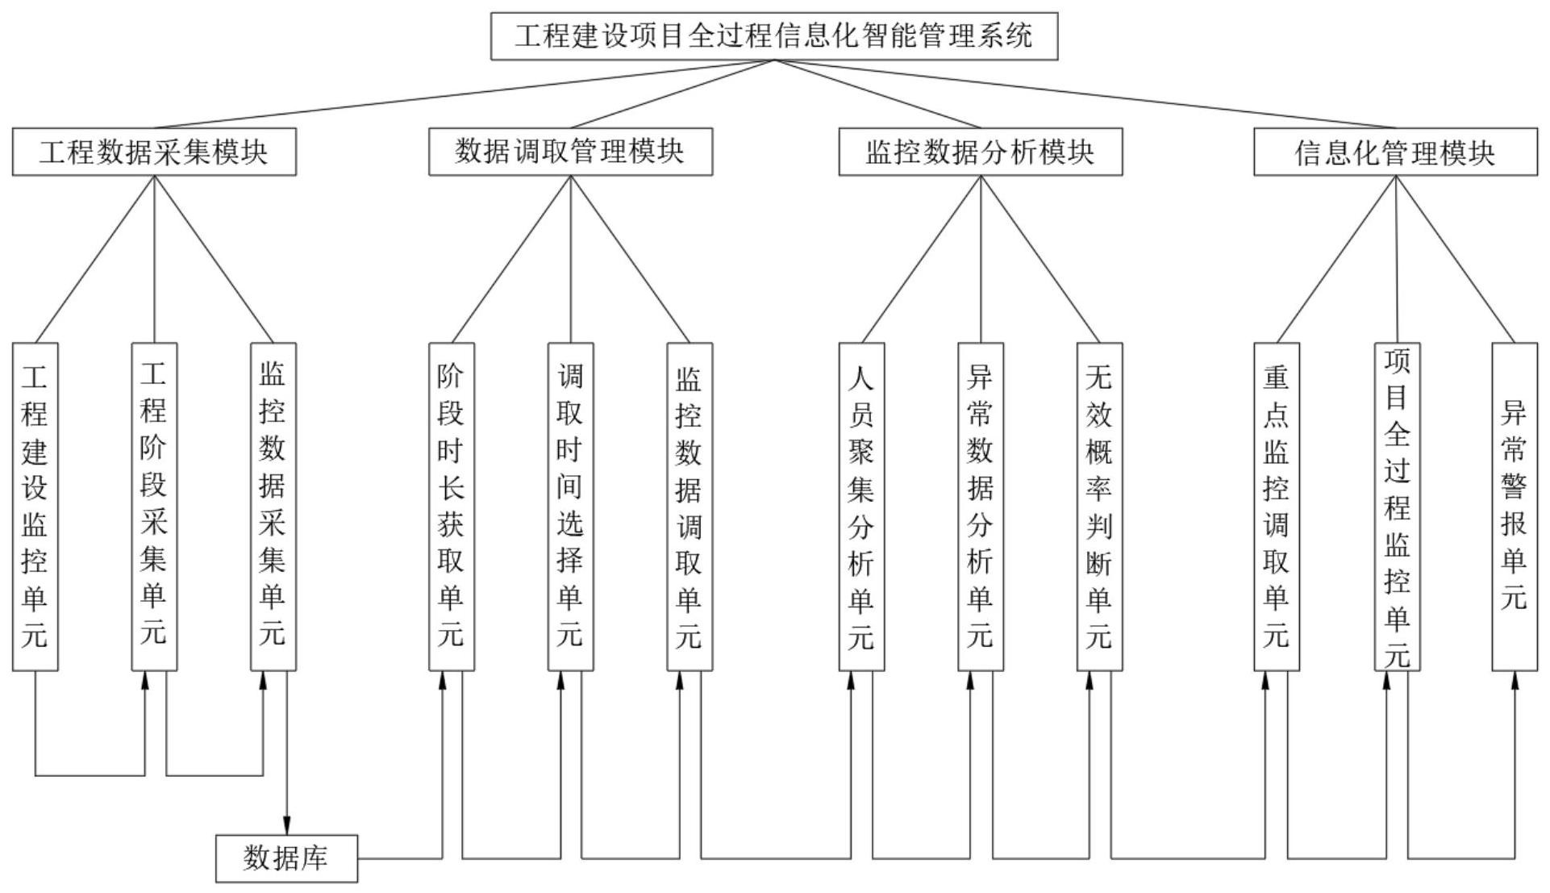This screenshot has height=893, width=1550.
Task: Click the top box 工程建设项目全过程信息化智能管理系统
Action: click(x=774, y=36)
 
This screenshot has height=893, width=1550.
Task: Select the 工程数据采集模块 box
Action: click(x=154, y=152)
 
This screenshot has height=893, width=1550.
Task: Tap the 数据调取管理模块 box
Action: click(x=570, y=152)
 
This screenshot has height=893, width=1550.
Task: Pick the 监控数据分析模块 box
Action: click(x=980, y=152)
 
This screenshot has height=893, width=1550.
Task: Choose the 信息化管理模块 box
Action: click(x=1395, y=152)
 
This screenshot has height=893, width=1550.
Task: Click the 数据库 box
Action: click(x=286, y=858)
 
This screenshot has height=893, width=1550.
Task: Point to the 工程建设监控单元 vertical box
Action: click(x=35, y=507)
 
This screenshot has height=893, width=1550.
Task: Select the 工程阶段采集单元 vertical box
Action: click(x=154, y=507)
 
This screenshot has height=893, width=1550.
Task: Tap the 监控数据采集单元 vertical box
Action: click(x=273, y=507)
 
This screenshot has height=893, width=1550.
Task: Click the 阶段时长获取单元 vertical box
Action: click(x=452, y=507)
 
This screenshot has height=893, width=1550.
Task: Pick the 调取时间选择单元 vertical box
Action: click(x=570, y=507)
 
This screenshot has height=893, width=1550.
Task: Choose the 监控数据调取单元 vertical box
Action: click(x=690, y=507)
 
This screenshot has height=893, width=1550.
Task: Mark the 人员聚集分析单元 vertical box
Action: click(x=861, y=507)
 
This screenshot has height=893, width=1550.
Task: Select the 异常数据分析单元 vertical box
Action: click(x=981, y=507)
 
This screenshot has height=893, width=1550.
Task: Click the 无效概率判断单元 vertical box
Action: click(x=1099, y=507)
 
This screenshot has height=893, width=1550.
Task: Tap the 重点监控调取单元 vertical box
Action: click(x=1277, y=507)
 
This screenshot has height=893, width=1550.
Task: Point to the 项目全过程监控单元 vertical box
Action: click(x=1398, y=507)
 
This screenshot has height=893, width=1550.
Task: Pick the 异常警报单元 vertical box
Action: click(x=1515, y=507)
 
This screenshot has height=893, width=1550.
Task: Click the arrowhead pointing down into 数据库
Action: click(x=286, y=826)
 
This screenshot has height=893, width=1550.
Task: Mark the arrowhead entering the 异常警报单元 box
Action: click(x=1515, y=679)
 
